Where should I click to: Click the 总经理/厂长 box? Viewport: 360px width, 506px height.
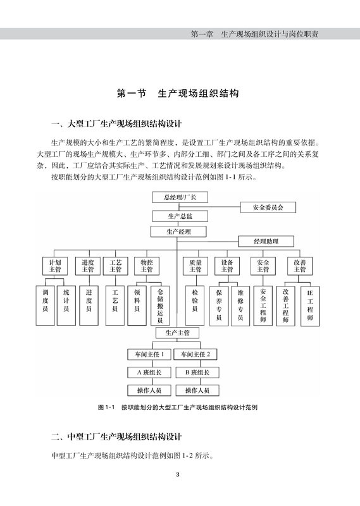180,197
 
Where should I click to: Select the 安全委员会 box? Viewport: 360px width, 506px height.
268,207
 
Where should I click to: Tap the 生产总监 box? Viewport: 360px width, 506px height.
180,216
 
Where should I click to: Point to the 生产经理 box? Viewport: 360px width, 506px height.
178,231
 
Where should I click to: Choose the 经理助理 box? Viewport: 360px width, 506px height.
266,242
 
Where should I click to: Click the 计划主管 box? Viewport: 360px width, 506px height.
55,266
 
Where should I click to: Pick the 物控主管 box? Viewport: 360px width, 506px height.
147,266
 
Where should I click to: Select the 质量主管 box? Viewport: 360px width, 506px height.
196,266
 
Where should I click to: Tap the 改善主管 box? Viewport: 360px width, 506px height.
300,266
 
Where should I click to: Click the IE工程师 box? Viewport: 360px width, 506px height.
310,306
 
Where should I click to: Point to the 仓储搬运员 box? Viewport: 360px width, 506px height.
160,305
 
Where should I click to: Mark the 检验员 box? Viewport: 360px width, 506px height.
195,305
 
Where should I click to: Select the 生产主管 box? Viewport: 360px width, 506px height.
178,333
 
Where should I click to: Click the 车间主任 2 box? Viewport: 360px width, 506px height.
196,354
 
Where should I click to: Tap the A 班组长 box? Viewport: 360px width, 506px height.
149,373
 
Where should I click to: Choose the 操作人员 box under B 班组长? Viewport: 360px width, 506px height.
197,390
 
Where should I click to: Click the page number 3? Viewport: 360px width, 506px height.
178,474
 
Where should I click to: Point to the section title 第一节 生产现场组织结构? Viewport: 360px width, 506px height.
178,94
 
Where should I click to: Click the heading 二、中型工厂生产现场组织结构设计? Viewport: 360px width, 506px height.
116,437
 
